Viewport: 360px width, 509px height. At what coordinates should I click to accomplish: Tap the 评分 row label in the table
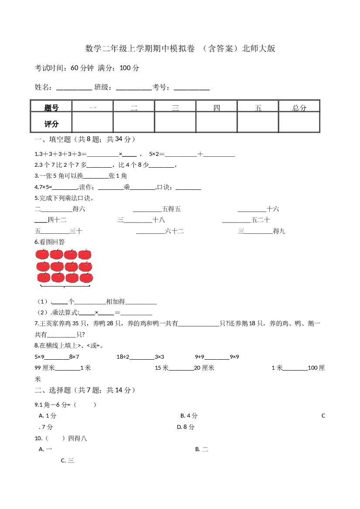pos(51,124)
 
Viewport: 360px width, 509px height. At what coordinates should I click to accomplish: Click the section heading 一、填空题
pos(85,139)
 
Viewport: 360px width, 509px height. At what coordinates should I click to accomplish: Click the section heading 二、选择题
pos(85,390)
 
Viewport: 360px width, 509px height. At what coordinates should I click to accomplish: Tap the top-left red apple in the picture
pos(43,254)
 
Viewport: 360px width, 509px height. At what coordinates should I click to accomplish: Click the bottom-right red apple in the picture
pos(86,277)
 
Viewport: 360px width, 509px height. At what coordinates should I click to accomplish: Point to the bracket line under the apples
pos(65,287)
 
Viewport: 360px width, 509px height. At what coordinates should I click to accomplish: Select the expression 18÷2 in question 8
pos(123,357)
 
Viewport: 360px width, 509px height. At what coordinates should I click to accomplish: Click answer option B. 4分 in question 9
pos(189,416)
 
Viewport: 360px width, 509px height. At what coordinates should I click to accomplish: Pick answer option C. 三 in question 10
pos(68,460)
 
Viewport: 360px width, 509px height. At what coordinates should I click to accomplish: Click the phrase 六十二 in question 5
pos(175,232)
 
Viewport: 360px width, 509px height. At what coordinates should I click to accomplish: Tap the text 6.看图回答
pos(49,242)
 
